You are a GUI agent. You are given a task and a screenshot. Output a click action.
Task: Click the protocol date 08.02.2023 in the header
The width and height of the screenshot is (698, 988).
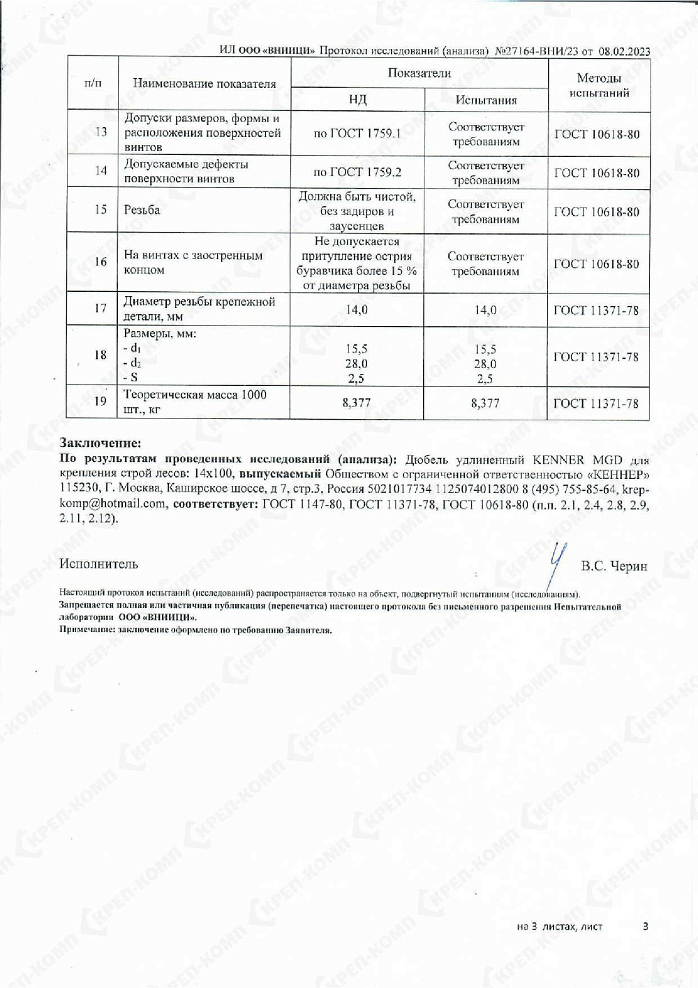click(x=624, y=51)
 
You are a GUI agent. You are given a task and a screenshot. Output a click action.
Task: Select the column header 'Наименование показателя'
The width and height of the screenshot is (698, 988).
click(x=204, y=84)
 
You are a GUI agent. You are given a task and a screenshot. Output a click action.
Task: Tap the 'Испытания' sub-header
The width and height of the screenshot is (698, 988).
click(x=486, y=100)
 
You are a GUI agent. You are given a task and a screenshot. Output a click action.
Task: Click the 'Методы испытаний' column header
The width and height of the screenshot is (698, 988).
click(x=599, y=85)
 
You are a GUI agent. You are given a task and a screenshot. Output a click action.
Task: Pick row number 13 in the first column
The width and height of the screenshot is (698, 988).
click(x=101, y=132)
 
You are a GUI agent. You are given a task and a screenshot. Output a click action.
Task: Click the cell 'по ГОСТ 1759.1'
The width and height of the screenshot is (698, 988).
click(x=357, y=133)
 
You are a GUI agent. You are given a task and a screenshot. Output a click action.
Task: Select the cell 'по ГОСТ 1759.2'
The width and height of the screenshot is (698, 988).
click(x=357, y=172)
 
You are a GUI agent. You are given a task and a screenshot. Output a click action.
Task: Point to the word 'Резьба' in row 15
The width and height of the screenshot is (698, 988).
click(x=142, y=209)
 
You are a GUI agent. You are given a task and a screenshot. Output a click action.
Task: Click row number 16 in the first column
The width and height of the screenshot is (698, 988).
click(x=101, y=262)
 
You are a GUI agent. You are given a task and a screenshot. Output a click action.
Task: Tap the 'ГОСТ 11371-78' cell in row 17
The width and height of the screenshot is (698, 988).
click(x=596, y=310)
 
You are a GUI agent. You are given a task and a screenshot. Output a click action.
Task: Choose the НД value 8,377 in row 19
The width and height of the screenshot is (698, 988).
click(x=357, y=403)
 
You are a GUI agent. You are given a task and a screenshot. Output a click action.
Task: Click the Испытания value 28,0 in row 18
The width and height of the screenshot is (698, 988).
click(x=485, y=364)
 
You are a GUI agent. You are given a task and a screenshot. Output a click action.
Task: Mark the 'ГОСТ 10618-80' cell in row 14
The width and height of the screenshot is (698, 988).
click(x=597, y=173)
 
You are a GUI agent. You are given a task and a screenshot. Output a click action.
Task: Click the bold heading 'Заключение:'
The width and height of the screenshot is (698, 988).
click(x=101, y=443)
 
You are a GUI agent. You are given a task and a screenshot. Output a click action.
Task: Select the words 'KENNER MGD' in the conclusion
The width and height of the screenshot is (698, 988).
click(x=568, y=460)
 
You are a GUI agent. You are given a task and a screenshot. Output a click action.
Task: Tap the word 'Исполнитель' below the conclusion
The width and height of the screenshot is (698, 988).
click(x=99, y=563)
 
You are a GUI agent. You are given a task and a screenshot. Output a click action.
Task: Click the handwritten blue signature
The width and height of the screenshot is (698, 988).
click(x=556, y=563)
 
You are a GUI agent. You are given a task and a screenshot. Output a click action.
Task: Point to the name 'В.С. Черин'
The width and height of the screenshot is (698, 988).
click(x=614, y=566)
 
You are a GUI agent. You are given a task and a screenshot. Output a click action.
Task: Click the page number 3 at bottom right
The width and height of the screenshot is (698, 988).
click(x=646, y=926)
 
